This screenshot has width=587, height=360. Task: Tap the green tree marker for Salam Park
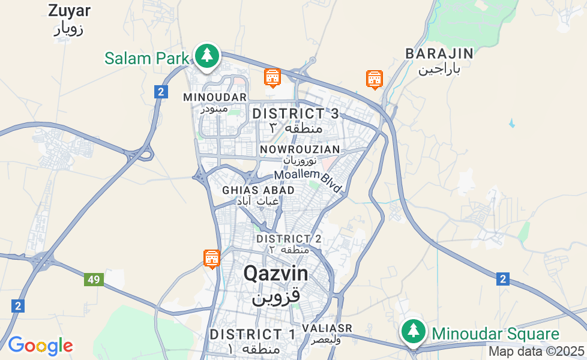(207, 56)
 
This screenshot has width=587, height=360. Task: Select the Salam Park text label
(147, 58)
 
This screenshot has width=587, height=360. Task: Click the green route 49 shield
(93, 280)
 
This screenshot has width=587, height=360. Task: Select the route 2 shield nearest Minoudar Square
(503, 278)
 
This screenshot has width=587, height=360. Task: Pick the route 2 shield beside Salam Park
(160, 92)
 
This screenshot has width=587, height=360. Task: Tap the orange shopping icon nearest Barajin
(375, 79)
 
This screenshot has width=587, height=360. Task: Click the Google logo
(40, 346)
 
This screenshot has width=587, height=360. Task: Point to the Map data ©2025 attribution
(536, 351)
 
